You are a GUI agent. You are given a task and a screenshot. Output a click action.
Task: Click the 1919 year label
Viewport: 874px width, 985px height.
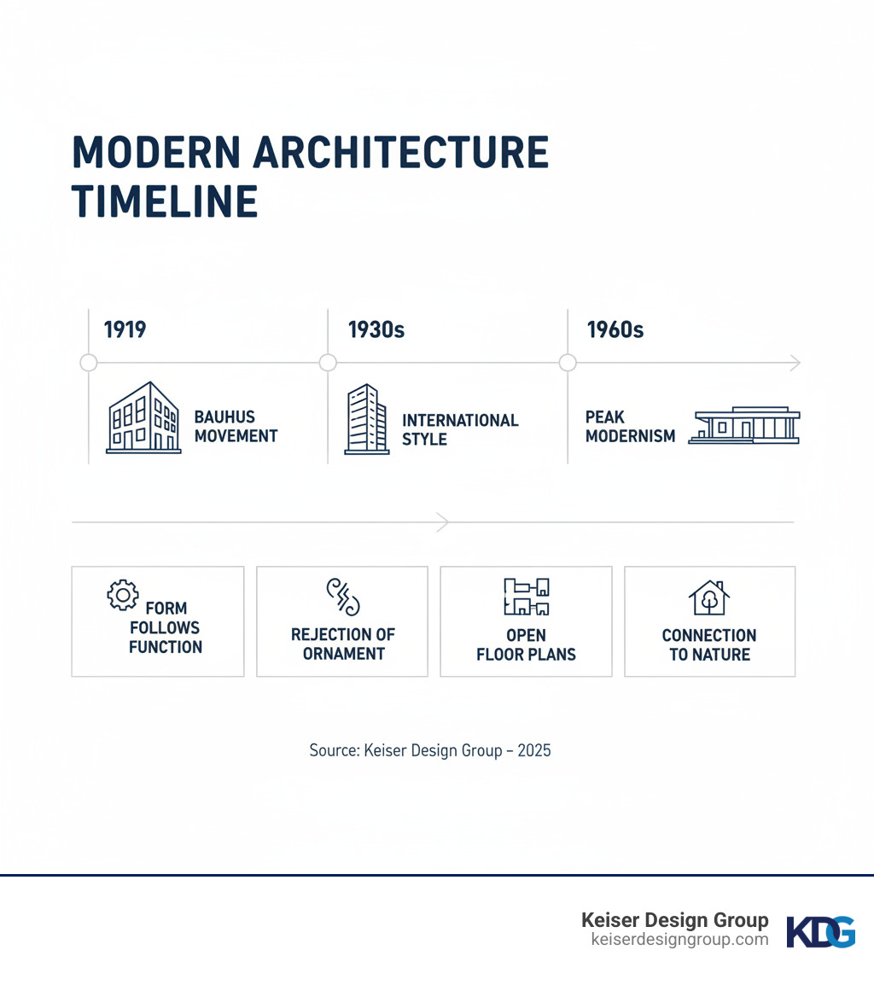tap(125, 329)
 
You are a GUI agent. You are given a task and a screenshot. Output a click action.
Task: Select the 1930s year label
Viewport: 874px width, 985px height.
tap(376, 329)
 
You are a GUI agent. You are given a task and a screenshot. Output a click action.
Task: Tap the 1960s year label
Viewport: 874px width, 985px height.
tap(615, 329)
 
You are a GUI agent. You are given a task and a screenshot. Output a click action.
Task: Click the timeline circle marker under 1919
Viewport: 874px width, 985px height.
tap(88, 363)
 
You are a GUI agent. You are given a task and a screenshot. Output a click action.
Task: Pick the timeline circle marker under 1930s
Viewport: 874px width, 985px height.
tap(328, 363)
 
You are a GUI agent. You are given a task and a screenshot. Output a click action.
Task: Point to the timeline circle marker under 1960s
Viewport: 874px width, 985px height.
tap(568, 363)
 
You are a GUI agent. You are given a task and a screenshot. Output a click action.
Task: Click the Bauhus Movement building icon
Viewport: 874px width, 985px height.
tap(143, 417)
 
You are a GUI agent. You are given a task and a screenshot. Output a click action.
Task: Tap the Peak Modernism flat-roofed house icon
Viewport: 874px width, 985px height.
tap(744, 425)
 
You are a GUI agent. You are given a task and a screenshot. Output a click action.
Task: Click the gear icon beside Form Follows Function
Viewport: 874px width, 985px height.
tap(122, 595)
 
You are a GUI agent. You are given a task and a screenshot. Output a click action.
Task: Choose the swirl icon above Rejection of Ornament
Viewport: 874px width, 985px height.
tap(342, 597)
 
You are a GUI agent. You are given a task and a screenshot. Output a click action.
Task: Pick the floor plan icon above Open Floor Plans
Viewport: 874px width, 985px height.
tap(526, 597)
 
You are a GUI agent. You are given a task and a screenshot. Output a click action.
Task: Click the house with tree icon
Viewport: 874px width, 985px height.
tap(709, 597)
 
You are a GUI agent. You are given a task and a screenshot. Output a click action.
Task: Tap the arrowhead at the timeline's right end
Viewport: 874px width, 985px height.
tap(795, 363)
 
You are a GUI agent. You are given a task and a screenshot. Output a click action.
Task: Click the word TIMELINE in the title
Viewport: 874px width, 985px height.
tap(165, 201)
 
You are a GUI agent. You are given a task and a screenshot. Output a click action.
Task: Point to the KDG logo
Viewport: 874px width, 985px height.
tap(820, 932)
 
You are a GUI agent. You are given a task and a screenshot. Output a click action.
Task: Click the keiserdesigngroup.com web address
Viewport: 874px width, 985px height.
tap(679, 940)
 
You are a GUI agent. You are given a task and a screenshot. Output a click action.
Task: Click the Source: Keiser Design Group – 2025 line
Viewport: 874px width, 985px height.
tap(430, 750)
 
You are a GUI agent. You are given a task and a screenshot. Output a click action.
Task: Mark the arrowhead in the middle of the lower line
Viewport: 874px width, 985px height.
tap(442, 522)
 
